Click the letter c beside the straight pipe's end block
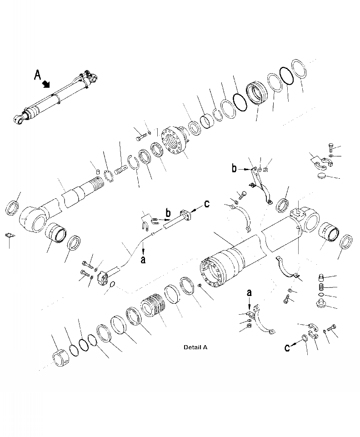(x=207, y=204)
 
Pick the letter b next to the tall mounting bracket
(x=235, y=169)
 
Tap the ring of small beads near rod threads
(x=108, y=177)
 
